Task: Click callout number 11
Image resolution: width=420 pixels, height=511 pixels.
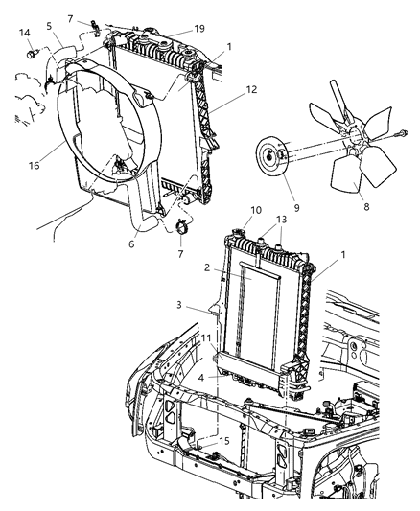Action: coord(207,338)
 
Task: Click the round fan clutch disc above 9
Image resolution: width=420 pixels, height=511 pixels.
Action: coord(272,157)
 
